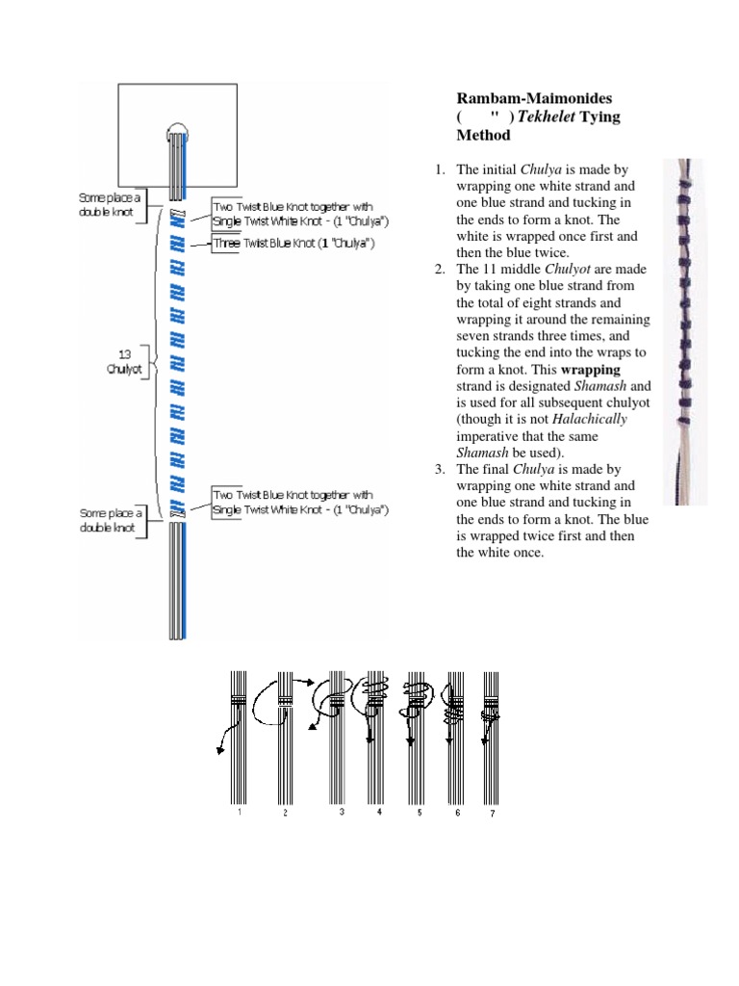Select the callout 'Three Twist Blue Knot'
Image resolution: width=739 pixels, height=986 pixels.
tap(293, 244)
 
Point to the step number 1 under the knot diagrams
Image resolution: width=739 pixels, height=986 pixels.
tap(239, 813)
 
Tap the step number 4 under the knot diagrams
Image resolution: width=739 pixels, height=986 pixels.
tap(379, 813)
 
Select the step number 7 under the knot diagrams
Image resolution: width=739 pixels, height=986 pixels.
tap(493, 814)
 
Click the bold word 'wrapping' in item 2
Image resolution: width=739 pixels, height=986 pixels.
tap(591, 370)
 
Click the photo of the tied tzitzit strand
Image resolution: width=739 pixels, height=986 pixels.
tap(685, 332)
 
